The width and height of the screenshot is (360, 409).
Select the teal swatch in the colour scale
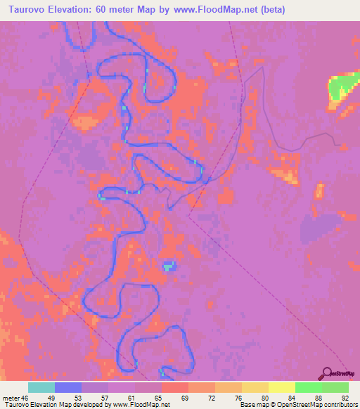[x=41, y=387]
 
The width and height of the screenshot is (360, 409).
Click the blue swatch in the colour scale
[x=67, y=387]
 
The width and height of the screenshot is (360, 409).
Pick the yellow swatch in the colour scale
[x=281, y=387]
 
